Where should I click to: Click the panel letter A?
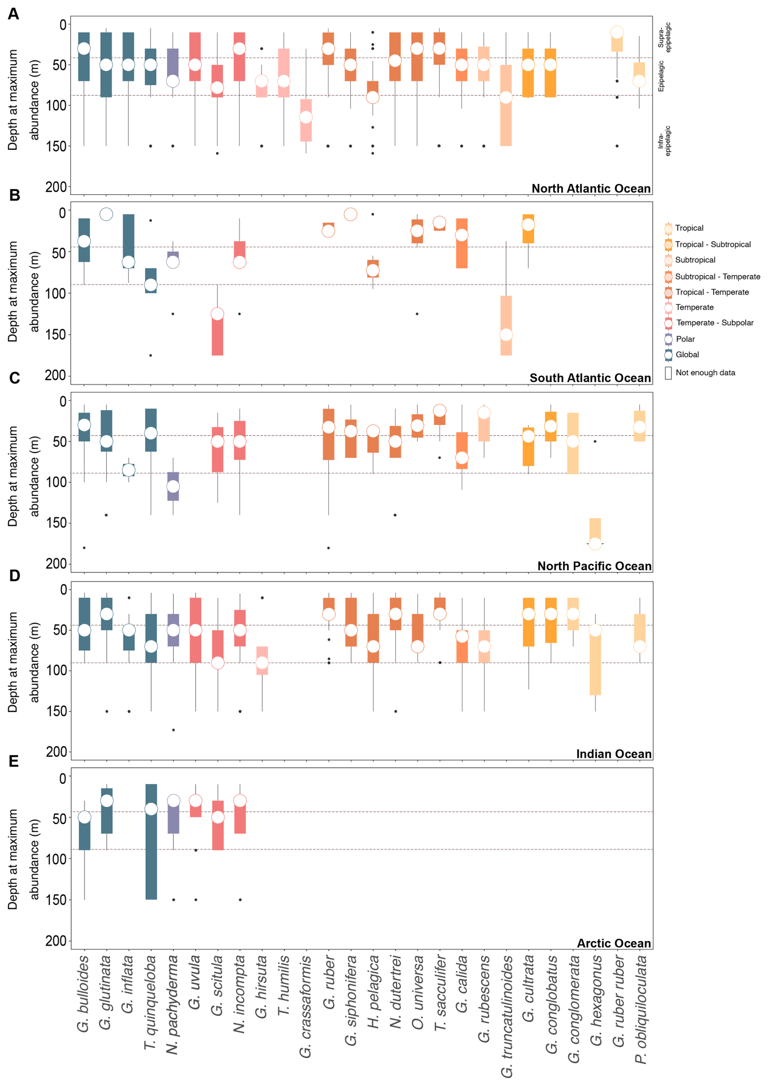(x=13, y=14)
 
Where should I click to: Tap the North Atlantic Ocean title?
(x=591, y=188)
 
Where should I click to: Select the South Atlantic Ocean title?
(x=590, y=378)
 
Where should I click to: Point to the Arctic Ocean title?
(x=613, y=943)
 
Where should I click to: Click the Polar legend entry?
(x=685, y=339)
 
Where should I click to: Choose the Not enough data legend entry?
(x=705, y=372)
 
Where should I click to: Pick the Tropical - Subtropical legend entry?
(x=713, y=244)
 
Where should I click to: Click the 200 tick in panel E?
(x=56, y=940)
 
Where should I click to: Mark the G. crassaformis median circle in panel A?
(x=306, y=117)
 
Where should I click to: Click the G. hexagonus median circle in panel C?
(x=595, y=544)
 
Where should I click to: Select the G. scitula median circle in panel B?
(x=217, y=314)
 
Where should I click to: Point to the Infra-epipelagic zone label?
(x=664, y=141)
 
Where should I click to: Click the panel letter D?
(x=15, y=576)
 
